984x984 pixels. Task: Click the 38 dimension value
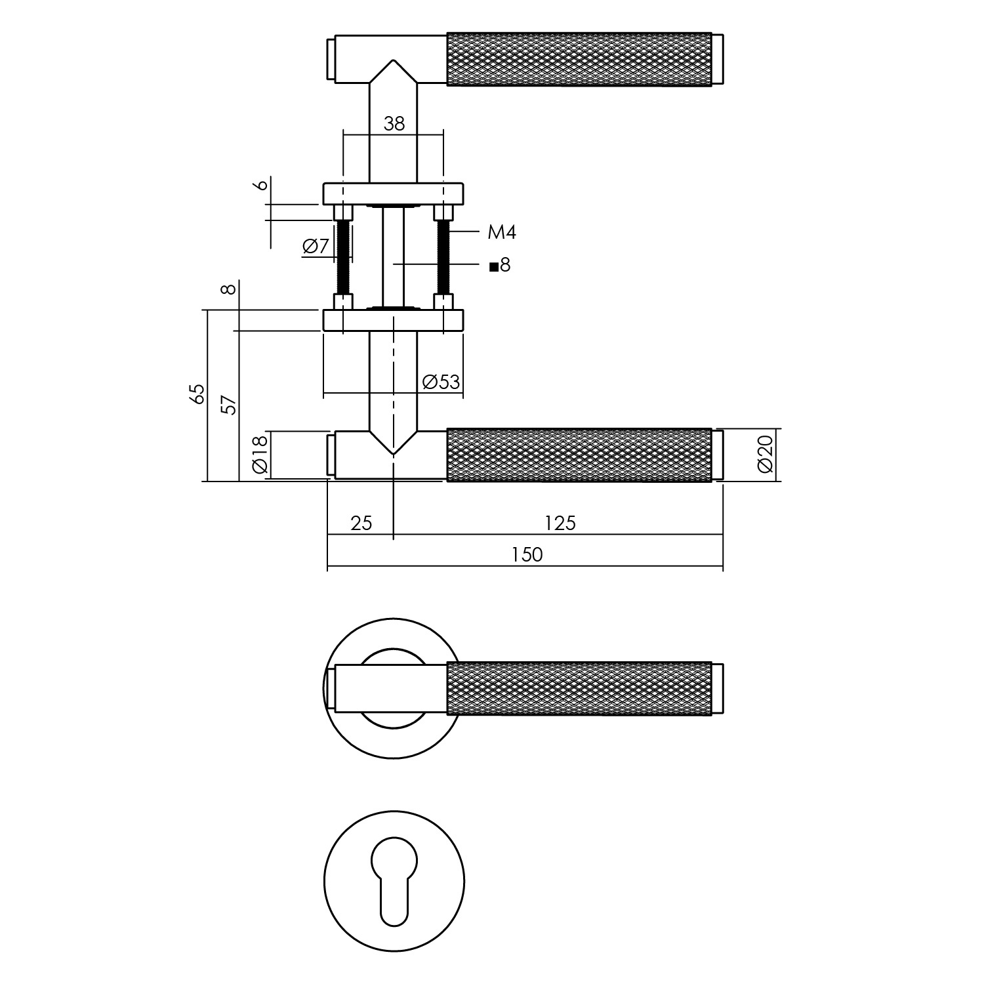point(394,123)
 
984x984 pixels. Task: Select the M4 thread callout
point(502,232)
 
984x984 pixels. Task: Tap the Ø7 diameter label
point(316,247)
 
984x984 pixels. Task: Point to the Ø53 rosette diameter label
point(441,382)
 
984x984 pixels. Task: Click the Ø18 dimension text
point(260,454)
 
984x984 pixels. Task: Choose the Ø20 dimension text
point(766,455)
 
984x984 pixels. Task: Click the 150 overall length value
point(527,555)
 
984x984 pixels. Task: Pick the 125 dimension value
point(560,523)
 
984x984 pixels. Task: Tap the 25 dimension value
point(361,523)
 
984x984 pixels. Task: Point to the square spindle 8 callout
point(500,266)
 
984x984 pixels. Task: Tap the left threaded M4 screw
point(343,257)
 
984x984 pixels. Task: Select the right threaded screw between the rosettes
point(443,257)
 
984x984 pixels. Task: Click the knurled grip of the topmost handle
point(579,58)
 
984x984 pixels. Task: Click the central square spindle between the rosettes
point(394,257)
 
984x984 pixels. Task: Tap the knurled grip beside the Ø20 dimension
point(579,455)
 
